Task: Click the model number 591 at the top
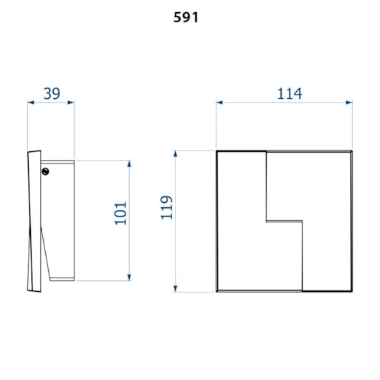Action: (186, 17)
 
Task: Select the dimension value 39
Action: (52, 93)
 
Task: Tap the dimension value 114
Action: (290, 93)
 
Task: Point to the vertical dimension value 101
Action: (120, 213)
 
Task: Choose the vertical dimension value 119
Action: (167, 207)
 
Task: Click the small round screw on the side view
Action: (45, 171)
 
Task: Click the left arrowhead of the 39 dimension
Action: (31, 103)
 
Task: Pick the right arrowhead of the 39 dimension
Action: (71, 103)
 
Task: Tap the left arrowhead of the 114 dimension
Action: (219, 103)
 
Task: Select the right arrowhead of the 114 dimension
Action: (349, 103)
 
